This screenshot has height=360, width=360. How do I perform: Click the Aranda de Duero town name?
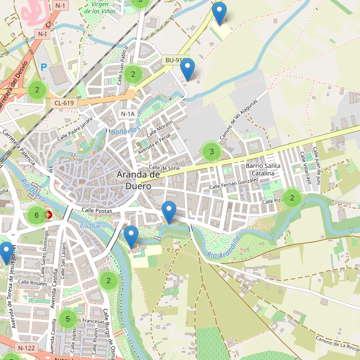pos(138,180)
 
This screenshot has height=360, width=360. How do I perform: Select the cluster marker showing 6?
pos(37,215)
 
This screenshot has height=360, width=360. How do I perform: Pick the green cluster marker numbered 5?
pos(68,319)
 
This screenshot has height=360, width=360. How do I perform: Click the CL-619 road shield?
pos(64,103)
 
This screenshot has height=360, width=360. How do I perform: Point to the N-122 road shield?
pos(26,348)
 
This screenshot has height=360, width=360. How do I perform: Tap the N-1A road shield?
pos(127,114)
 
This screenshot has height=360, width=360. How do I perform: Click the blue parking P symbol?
pos(43,67)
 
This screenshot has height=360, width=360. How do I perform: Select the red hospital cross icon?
pos(49,215)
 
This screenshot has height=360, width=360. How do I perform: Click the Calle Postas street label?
pos(97,211)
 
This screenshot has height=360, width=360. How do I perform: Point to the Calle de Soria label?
pos(164,168)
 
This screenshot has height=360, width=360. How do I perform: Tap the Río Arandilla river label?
pos(223,248)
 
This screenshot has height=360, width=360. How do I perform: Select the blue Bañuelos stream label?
pos(125,130)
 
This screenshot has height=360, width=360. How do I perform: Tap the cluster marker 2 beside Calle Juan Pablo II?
pos(133,75)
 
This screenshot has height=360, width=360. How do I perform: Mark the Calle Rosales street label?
pos(32,282)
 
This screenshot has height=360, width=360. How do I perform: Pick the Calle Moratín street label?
pos(160,128)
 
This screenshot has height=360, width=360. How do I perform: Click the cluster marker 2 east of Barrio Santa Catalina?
pos(292,197)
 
